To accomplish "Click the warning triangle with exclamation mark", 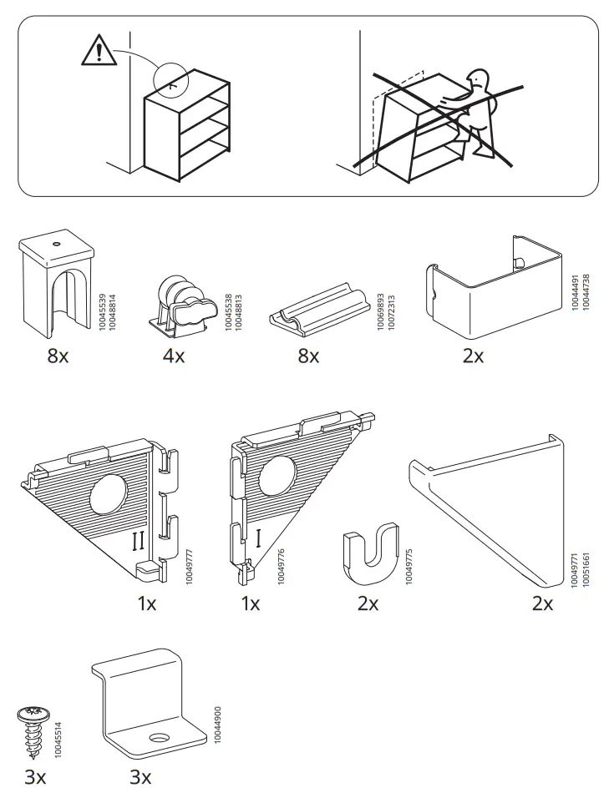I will tap(99, 52).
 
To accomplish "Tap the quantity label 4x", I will tap(174, 356).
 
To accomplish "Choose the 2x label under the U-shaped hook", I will tap(368, 604).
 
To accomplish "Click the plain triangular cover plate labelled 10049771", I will tap(493, 518).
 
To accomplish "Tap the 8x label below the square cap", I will tap(58, 356).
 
